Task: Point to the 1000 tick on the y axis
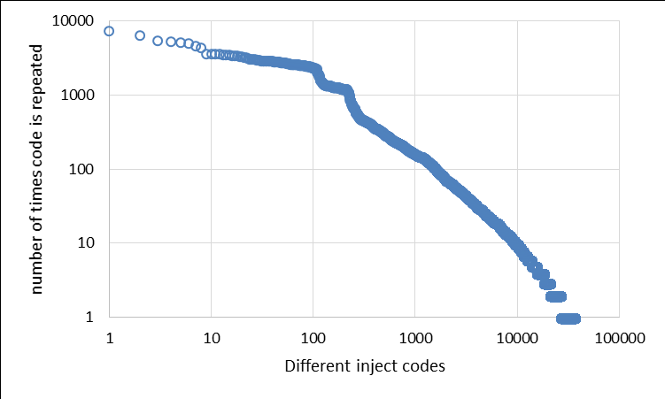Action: pyautogui.click(x=82, y=95)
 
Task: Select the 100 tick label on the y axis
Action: pyautogui.click(x=86, y=169)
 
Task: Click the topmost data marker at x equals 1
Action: pyautogui.click(x=109, y=31)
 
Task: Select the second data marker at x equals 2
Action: pyautogui.click(x=140, y=35)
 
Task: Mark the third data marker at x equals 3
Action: pyautogui.click(x=158, y=41)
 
